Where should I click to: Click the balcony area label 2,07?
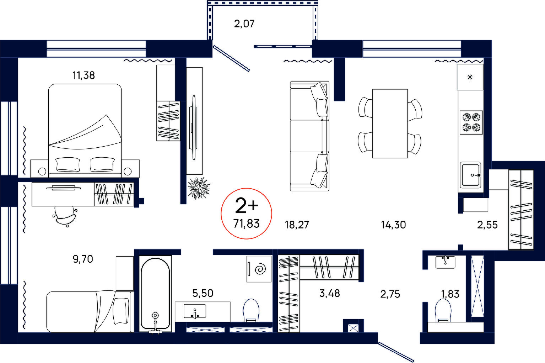(244, 24)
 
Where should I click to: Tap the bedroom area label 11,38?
(83, 75)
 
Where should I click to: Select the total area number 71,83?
(247, 223)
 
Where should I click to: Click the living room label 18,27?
(297, 225)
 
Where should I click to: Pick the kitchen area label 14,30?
(393, 225)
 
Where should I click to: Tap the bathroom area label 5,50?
(203, 293)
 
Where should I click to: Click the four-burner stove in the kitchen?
(471, 122)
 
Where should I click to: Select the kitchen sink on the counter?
(470, 175)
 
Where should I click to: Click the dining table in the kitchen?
(390, 123)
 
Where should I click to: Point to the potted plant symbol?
(199, 188)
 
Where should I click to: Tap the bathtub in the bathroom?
(155, 294)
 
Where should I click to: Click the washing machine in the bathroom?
(259, 269)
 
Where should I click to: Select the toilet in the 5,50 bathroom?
(251, 310)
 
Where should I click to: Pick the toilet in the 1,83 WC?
(443, 310)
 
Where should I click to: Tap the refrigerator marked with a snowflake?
(470, 77)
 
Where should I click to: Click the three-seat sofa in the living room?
(309, 136)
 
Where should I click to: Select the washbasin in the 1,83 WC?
(445, 262)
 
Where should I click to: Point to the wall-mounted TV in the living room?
(194, 128)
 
